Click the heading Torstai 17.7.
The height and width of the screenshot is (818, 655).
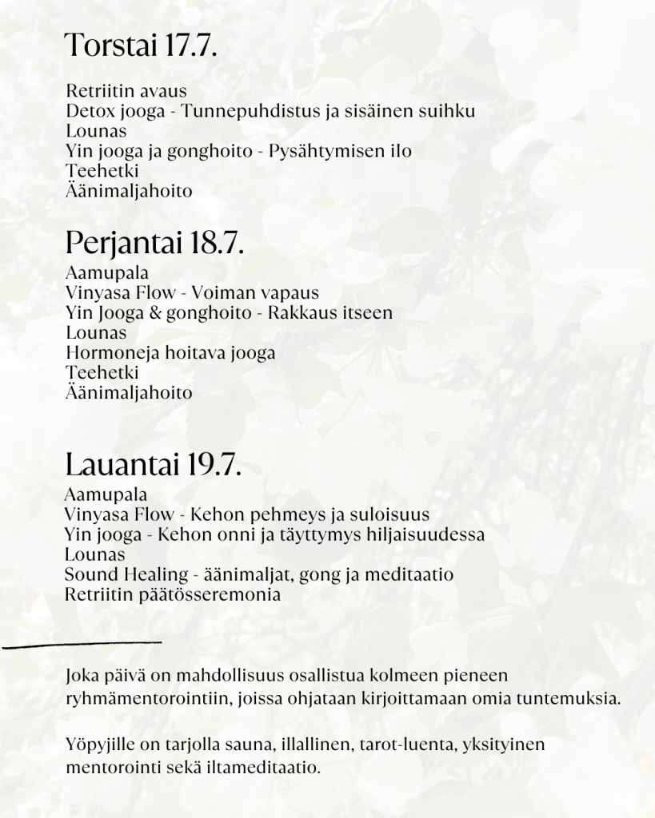(x=141, y=46)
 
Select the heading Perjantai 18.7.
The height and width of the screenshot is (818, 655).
(x=154, y=242)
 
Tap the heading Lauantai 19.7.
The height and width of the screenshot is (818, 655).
(x=153, y=464)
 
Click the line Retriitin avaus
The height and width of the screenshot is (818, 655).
(x=126, y=90)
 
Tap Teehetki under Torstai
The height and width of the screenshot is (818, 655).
(x=102, y=171)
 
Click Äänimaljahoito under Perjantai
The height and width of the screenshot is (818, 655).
(x=129, y=393)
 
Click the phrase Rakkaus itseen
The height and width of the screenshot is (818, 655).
(x=330, y=313)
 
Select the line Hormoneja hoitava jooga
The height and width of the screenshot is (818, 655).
(x=170, y=353)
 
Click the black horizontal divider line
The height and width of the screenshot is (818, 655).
(x=82, y=642)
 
